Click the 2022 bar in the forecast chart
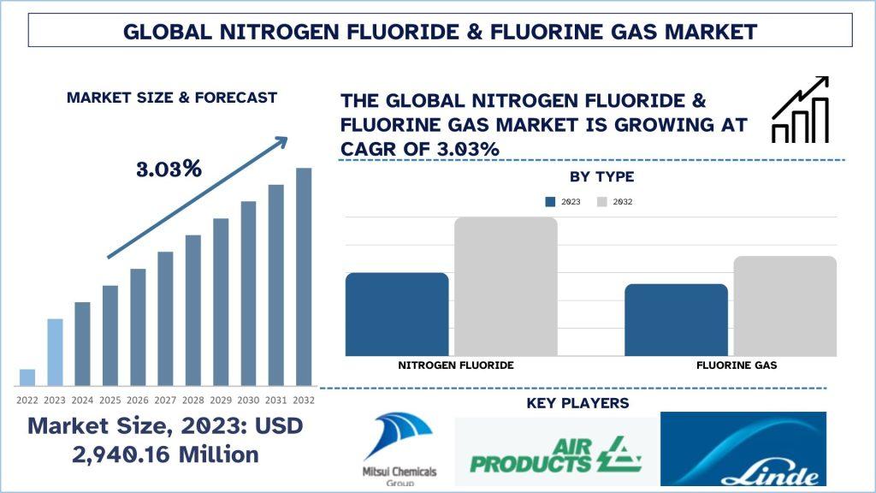click(x=27, y=377)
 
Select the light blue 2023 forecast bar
click(x=55, y=352)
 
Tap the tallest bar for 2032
click(x=304, y=276)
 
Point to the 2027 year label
click(x=165, y=401)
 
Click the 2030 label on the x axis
click(x=248, y=401)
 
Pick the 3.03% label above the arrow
click(x=169, y=169)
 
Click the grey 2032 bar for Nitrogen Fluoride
click(x=506, y=286)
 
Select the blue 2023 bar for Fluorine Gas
click(x=676, y=320)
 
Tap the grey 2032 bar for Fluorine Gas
click(x=785, y=306)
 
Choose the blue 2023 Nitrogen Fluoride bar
click(x=397, y=314)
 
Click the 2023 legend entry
click(x=563, y=202)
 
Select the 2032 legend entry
click(x=614, y=202)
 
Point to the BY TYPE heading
click(x=601, y=176)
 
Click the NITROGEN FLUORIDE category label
click(x=456, y=365)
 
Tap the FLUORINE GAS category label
click(x=737, y=365)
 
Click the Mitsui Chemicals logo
click(x=400, y=448)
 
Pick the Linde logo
click(x=743, y=448)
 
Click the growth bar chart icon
click(x=800, y=110)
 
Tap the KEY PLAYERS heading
click(x=577, y=403)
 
